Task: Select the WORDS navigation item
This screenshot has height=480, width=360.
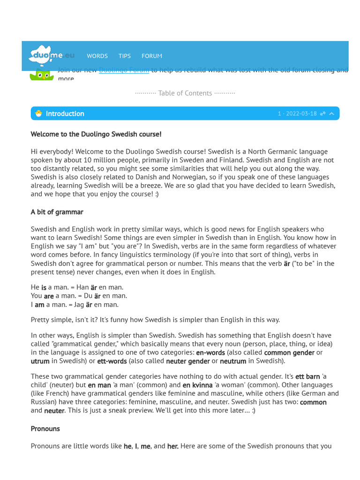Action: [97, 56]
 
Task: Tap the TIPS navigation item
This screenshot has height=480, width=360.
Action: [125, 56]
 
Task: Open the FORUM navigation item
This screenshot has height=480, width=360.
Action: [152, 56]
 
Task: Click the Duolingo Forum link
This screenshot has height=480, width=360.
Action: [124, 70]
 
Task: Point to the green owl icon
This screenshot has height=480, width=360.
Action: [42, 75]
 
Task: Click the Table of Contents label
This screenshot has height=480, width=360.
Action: [185, 93]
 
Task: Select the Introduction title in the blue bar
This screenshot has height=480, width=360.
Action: [65, 113]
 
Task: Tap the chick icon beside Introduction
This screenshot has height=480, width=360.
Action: [38, 113]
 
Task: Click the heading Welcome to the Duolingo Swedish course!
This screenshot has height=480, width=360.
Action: [96, 134]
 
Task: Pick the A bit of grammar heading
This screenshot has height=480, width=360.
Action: [57, 212]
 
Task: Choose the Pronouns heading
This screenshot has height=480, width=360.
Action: [45, 428]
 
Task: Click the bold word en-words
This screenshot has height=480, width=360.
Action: [210, 352]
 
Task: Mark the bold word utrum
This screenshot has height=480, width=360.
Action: [40, 361]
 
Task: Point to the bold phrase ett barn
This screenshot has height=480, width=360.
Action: [307, 376]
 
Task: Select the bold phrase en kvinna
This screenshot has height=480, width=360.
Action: [197, 385]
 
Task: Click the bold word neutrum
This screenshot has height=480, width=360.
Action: [233, 361]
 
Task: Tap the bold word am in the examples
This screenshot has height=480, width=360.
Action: [39, 305]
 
